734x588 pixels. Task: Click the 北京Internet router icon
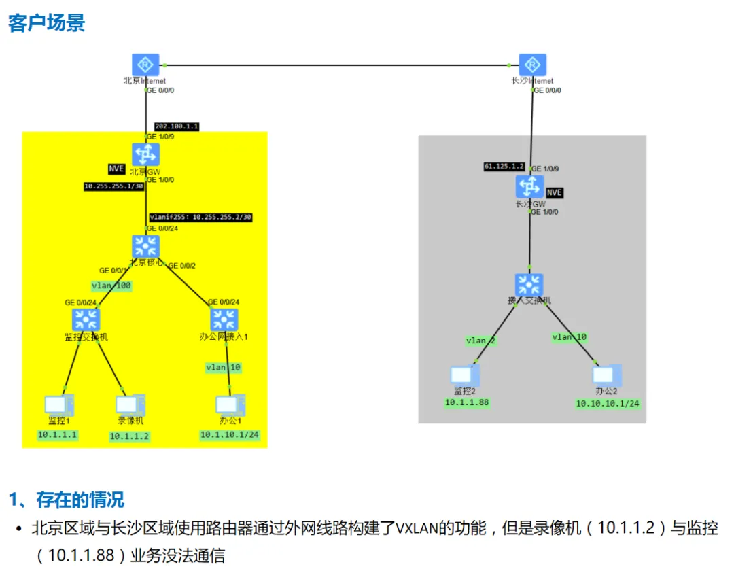145,65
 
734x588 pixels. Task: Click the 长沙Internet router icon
533,65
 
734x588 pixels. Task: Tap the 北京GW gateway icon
145,154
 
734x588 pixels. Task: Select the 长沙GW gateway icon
530,187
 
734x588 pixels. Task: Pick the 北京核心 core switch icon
145,247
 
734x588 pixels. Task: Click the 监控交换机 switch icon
86,319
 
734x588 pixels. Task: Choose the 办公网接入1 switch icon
224,319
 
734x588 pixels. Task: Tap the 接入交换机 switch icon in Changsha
529,286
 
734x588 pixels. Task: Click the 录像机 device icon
130,405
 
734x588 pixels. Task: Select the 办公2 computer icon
606,375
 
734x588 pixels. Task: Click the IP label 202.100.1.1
177,127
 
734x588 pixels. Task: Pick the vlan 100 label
111,286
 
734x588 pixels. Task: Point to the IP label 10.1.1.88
467,402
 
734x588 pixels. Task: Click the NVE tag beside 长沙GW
555,192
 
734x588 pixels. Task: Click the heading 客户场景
46,23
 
